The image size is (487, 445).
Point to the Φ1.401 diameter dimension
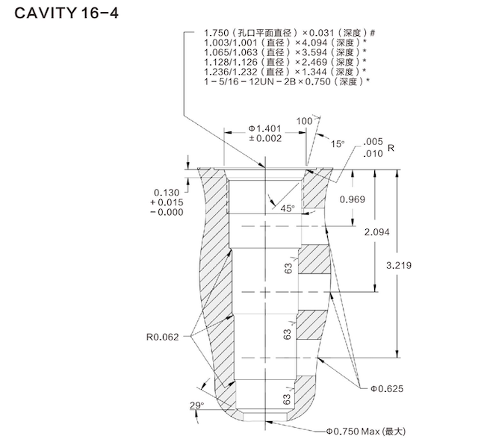264,128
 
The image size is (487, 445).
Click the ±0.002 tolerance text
264,138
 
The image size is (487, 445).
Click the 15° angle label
338,143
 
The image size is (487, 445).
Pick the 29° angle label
195,405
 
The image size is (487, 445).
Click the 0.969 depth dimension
352,199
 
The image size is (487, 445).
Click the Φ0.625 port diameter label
386,388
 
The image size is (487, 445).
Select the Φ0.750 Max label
364,432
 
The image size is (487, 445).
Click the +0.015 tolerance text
167,202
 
